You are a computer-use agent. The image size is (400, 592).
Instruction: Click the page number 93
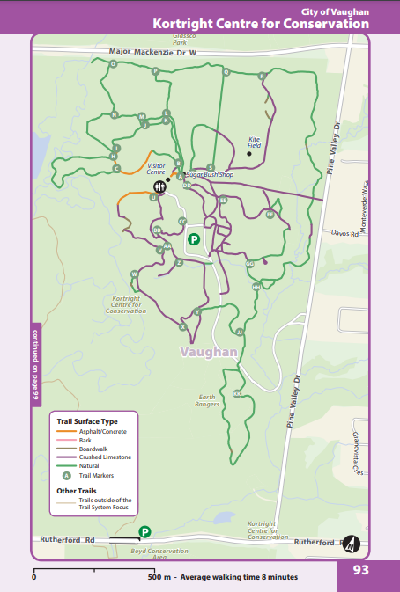tap(360, 570)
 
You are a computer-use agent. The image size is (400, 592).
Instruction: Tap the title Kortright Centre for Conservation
tap(260, 24)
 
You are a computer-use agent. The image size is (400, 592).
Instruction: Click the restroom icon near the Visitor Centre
tap(159, 186)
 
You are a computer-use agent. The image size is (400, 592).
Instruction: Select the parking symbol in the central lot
tap(195, 238)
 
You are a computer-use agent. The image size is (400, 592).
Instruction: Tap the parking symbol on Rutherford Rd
tap(144, 531)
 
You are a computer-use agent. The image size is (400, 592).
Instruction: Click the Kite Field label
tap(255, 142)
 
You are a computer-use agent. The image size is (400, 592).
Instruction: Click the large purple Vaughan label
tap(209, 352)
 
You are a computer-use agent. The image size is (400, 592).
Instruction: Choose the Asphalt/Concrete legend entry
tap(93, 432)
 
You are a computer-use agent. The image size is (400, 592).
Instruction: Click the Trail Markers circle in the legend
tap(65, 475)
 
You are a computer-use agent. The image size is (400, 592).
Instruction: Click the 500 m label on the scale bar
tap(159, 577)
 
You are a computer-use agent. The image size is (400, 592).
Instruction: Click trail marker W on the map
tap(134, 274)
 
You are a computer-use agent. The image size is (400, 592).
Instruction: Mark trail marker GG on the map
tap(249, 263)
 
